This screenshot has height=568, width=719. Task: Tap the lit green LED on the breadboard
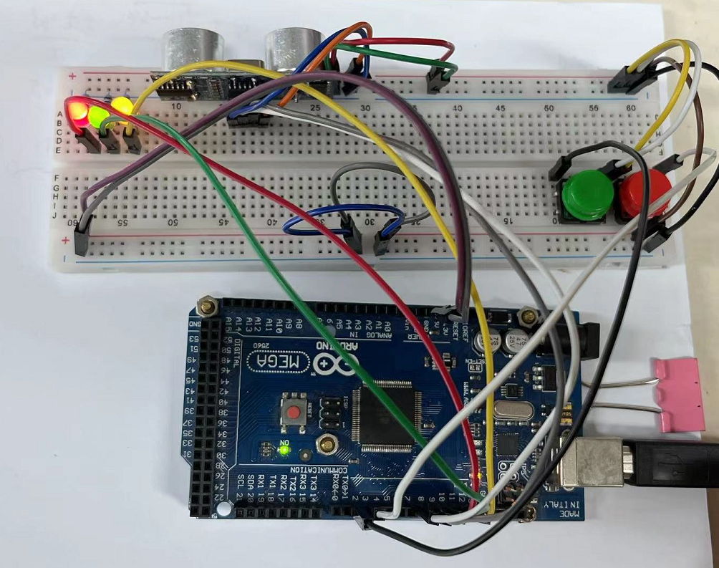tap(98, 116)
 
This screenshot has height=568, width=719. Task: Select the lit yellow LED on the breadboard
tap(122, 107)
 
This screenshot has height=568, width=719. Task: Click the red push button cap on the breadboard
tap(644, 192)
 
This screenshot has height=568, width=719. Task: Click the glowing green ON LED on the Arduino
tap(284, 451)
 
